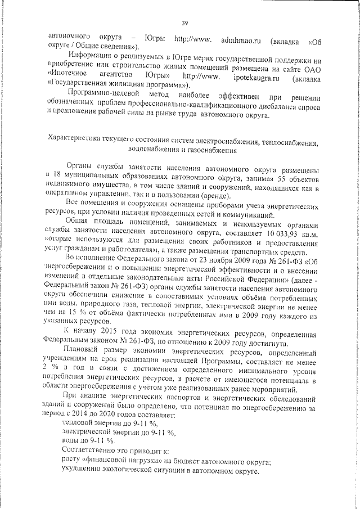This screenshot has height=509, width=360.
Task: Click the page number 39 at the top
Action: click(184, 22)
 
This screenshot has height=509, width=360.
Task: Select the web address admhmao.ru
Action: click(242, 40)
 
